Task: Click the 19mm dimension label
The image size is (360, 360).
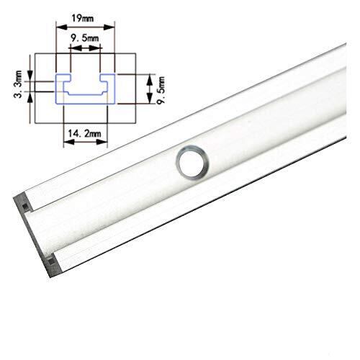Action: (x=82, y=18)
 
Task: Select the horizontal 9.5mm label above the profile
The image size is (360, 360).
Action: (x=84, y=38)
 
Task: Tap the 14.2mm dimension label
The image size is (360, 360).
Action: (x=84, y=133)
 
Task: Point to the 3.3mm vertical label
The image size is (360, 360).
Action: (x=18, y=84)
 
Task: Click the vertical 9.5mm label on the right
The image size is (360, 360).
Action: (x=161, y=90)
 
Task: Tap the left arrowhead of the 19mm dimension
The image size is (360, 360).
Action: (x=61, y=27)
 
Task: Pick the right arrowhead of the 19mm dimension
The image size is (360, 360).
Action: (x=109, y=27)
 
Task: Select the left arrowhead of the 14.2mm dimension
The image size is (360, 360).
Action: (x=69, y=142)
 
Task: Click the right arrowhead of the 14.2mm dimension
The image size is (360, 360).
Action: (x=102, y=142)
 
